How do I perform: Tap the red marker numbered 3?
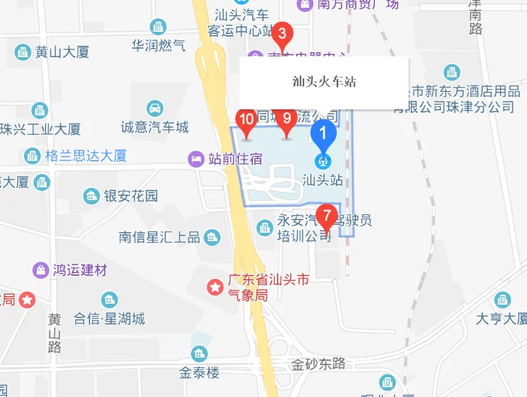(x=282, y=33)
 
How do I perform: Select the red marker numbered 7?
(x=325, y=214)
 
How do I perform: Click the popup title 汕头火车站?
(x=324, y=82)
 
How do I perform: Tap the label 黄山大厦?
(x=63, y=51)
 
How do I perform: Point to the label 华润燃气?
(x=159, y=45)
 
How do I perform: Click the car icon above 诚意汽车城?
(x=154, y=109)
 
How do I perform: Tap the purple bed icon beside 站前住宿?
(x=197, y=159)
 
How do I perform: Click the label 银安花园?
(x=131, y=196)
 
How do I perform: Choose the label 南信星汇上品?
(x=159, y=237)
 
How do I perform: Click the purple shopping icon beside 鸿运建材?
(x=42, y=270)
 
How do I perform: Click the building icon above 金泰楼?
(x=199, y=354)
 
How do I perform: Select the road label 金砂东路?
(x=319, y=364)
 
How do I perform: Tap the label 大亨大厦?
(x=501, y=319)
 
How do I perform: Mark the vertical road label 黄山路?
(x=55, y=331)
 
